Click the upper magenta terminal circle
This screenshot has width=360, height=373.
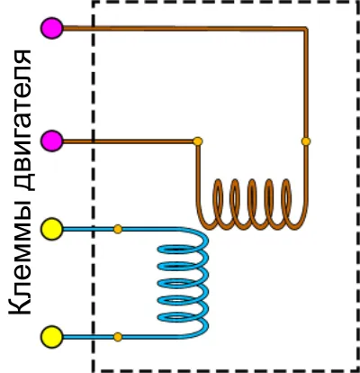click(52, 28)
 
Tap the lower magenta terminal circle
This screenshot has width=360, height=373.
click(52, 141)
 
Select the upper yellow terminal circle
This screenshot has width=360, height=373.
click(52, 229)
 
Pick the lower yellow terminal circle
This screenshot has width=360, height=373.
click(52, 337)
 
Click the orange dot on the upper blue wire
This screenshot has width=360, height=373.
click(118, 229)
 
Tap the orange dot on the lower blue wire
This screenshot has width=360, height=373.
click(118, 337)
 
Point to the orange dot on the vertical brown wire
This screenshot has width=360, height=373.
click(306, 141)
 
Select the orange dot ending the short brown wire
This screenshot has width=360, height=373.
click(198, 141)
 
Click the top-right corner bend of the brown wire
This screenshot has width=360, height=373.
click(305, 29)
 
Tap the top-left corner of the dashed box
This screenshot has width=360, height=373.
click(94, 3)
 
